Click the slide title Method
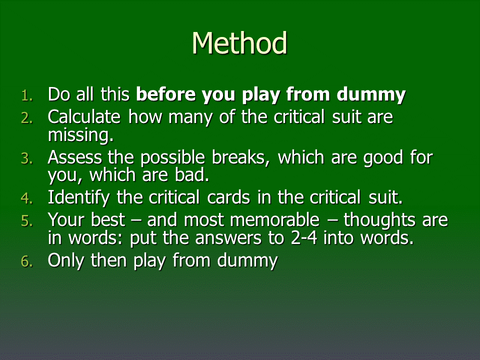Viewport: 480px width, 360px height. pos(239,43)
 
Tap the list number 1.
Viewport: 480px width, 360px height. pos(26,96)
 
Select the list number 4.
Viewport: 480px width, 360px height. pos(26,198)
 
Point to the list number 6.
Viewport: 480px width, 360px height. pos(26,261)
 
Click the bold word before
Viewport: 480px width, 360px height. pos(165,94)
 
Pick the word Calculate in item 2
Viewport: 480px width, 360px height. pos(84,117)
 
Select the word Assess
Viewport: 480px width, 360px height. pos(75,157)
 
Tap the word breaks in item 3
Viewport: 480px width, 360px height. pos(240,157)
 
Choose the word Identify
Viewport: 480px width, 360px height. pos(78,198)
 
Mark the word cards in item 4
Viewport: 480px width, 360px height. pos(228,197)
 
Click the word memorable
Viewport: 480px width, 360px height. pos(251,220)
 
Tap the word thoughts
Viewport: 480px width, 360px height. pos(379,220)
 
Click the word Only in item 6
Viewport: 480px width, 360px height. pos(65,261)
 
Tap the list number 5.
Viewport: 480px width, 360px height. pos(26,221)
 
